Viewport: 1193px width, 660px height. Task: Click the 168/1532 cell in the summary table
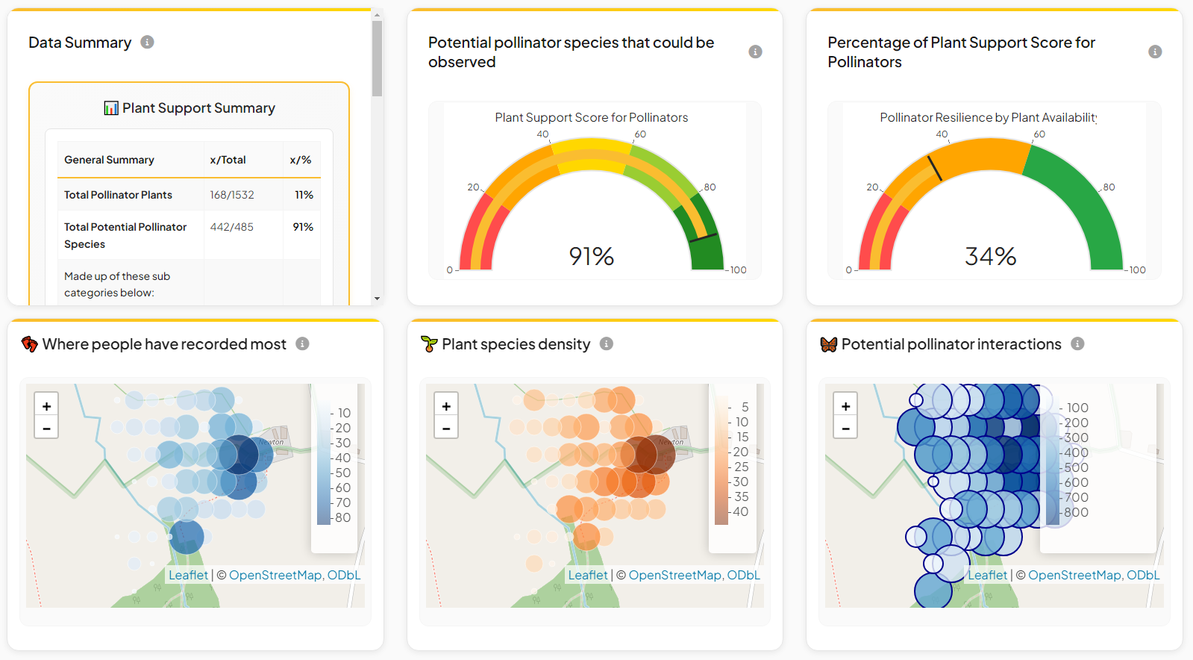[232, 195]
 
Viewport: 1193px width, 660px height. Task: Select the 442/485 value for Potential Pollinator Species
[232, 227]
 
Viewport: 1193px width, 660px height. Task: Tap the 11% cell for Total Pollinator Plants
[304, 195]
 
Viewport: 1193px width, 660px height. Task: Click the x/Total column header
[228, 160]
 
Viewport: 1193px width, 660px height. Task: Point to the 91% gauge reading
[591, 256]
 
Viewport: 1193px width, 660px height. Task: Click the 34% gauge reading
[990, 256]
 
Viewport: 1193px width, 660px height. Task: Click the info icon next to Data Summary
[148, 42]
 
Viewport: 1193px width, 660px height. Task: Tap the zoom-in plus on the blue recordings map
[46, 406]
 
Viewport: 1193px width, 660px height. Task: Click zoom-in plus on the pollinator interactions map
[845, 406]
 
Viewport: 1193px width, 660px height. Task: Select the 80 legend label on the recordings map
[342, 517]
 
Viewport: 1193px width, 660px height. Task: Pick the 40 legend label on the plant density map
[740, 511]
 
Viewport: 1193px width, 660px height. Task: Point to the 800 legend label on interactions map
[1076, 512]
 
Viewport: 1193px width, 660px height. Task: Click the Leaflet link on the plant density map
[588, 575]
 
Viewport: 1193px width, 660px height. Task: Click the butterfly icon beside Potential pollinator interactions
[828, 344]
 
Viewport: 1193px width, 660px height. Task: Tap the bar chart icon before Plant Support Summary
[111, 108]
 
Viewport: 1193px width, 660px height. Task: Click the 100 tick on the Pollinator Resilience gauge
[1137, 270]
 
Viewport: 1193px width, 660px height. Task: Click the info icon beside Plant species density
[607, 343]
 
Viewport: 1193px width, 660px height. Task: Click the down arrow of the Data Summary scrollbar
[377, 299]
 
